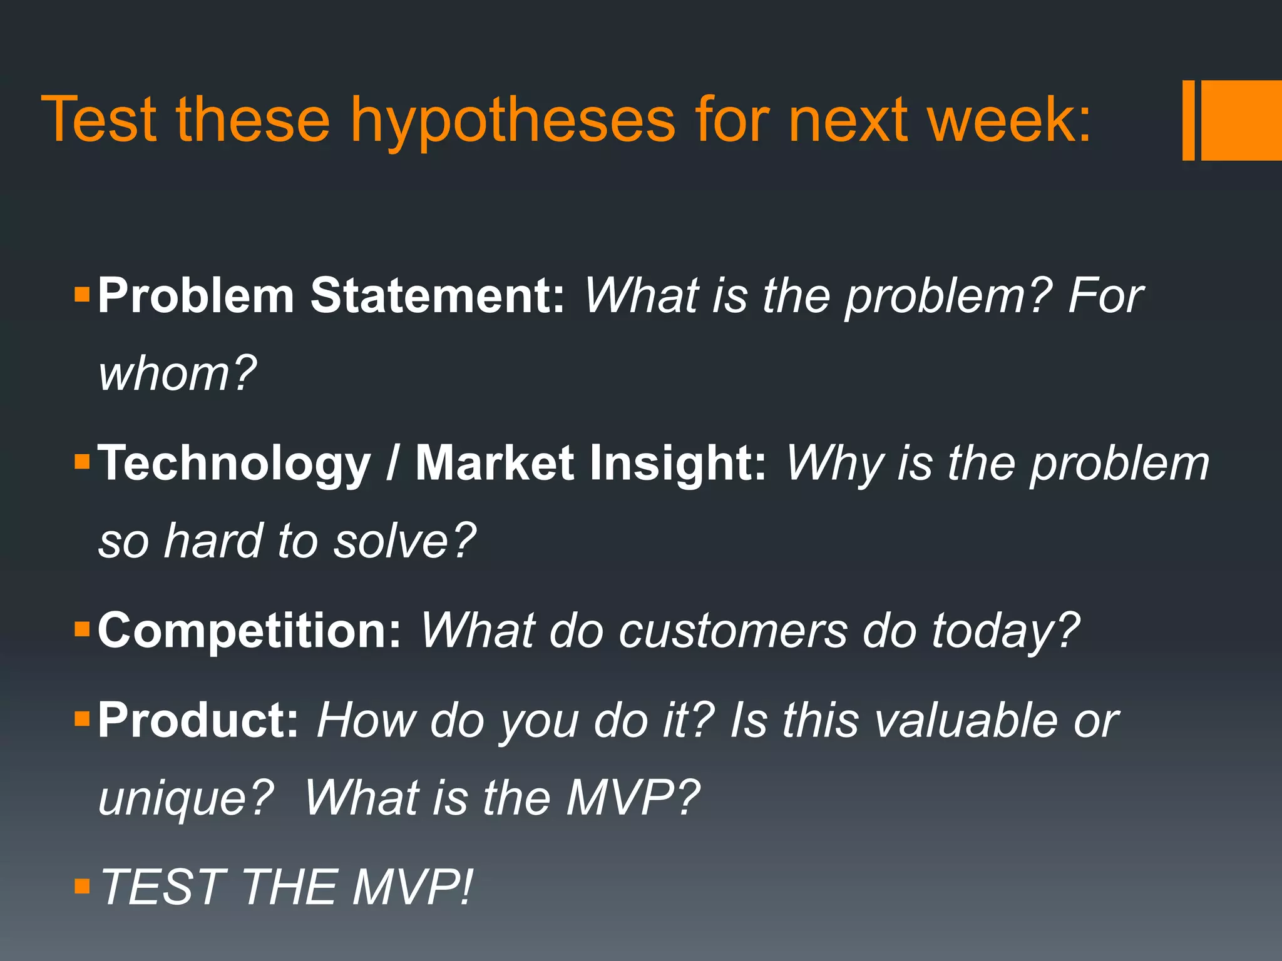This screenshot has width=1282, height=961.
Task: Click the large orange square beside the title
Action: pos(1241,120)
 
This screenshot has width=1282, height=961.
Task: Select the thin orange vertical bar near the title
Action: pos(1188,120)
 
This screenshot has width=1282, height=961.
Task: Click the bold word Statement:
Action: pos(438,295)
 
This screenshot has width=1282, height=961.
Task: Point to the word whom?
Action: pos(178,374)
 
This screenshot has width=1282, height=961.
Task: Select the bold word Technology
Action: pos(234,464)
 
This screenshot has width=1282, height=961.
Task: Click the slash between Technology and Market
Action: pos(392,464)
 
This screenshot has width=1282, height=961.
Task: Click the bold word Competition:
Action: pos(249,631)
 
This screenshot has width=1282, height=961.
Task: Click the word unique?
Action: pos(186,799)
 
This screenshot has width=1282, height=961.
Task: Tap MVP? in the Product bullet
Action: pos(632,798)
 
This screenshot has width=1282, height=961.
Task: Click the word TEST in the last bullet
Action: pos(162,887)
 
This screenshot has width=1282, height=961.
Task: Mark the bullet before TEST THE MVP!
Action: pos(82,886)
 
